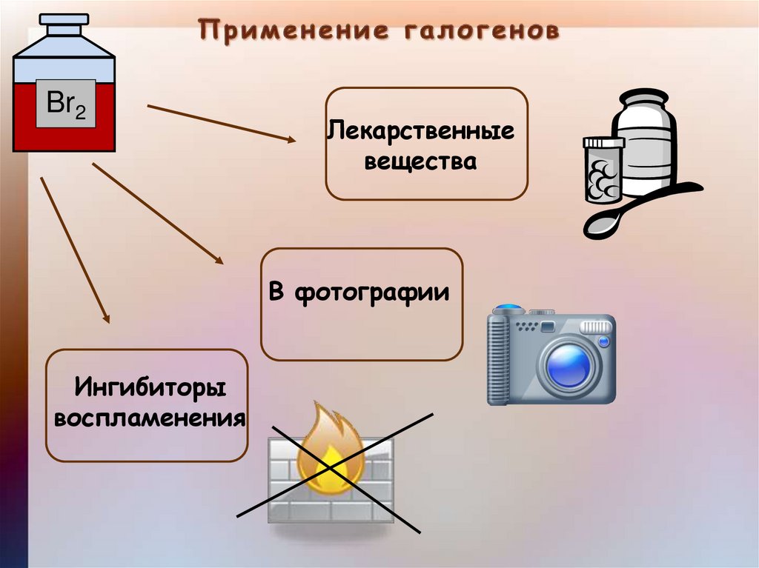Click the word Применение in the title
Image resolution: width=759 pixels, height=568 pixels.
(x=294, y=31)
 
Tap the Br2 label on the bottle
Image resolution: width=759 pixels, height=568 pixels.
(x=66, y=104)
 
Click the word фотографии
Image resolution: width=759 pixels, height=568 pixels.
(x=372, y=293)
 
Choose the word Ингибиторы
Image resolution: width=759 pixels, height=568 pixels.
(x=149, y=387)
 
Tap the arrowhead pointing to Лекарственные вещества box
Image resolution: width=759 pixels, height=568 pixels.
(x=291, y=138)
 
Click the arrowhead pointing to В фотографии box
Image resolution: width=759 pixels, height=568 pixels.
(x=219, y=260)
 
